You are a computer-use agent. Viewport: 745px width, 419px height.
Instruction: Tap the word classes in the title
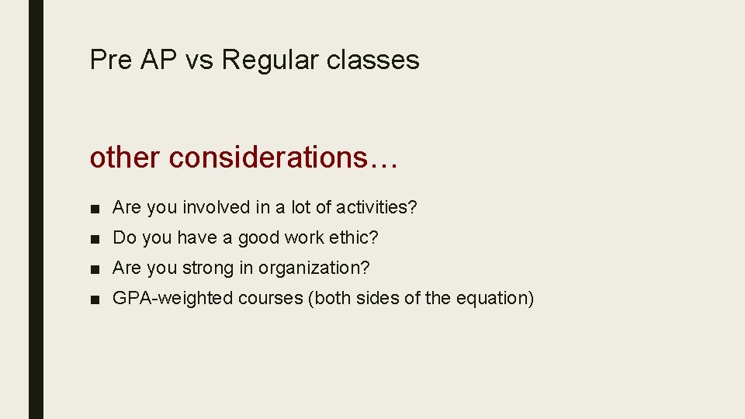coord(372,61)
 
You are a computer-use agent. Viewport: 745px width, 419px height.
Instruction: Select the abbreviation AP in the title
coord(159,61)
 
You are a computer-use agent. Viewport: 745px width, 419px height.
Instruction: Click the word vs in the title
coord(199,61)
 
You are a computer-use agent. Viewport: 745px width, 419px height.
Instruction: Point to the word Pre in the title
coord(111,61)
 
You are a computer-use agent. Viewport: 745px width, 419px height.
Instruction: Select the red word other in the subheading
coord(126,158)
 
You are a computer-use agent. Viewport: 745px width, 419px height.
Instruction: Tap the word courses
coord(271,299)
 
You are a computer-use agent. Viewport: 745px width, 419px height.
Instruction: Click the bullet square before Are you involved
coord(94,208)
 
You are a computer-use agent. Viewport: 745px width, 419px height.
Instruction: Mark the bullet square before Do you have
coord(94,238)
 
